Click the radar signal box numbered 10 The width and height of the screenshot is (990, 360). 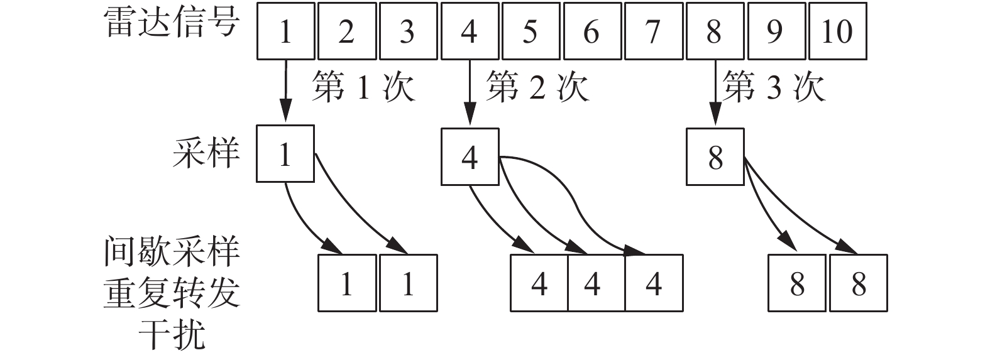(837, 31)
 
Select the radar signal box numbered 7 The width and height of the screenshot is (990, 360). (653, 31)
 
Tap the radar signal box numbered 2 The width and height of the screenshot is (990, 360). (346, 31)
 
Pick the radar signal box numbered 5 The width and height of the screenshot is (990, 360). (531, 31)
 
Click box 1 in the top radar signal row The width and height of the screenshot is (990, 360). (285, 31)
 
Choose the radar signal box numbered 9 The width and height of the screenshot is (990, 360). (775, 31)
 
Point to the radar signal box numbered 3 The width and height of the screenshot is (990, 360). (407, 31)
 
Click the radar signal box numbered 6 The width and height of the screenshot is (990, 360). (591, 31)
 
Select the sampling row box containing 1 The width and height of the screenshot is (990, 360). (285, 154)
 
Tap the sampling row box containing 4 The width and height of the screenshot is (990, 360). (470, 157)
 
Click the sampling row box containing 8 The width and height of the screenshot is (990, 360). (715, 157)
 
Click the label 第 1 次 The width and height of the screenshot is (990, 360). (363, 87)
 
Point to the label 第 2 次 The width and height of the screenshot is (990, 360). (538, 87)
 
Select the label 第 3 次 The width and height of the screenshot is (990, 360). (773, 87)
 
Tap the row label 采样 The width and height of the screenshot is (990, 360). (206, 153)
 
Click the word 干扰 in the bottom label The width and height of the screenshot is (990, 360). (172, 334)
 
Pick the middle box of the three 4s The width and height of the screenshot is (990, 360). (592, 283)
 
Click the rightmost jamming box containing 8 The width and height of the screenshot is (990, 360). (859, 283)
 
